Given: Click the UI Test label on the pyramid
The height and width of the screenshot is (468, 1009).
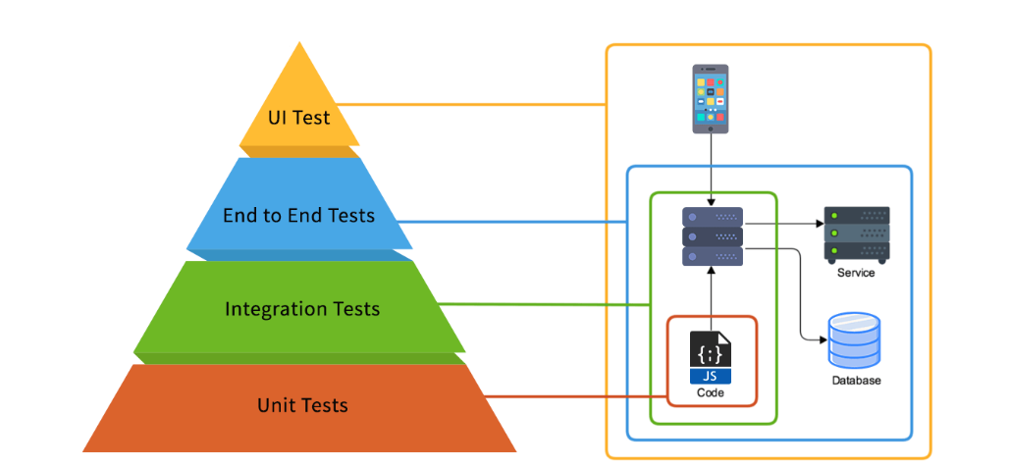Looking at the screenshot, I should [x=299, y=118].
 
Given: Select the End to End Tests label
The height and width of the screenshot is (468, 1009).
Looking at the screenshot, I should [x=298, y=215].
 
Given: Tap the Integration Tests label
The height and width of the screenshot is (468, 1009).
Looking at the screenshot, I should [x=301, y=309].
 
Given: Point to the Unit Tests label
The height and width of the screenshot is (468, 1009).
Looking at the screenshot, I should [x=301, y=404].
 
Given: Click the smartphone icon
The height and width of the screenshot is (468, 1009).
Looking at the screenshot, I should [x=711, y=99].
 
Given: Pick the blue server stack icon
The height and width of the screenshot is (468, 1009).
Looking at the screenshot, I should [x=712, y=236].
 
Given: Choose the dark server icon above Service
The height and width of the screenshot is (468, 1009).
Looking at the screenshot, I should [x=856, y=234].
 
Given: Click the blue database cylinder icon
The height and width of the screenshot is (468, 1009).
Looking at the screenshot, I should [x=854, y=339].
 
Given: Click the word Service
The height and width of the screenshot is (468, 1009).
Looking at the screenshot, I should [x=856, y=272].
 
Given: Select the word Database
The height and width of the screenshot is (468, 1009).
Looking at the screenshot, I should [x=856, y=380].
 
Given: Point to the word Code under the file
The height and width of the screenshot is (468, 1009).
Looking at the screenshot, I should [x=711, y=392].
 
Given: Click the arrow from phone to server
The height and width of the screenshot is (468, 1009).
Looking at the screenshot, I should [x=711, y=167].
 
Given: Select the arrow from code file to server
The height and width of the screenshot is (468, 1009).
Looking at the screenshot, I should [x=711, y=294].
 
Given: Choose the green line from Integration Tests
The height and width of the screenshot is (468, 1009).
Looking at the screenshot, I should [x=550, y=303].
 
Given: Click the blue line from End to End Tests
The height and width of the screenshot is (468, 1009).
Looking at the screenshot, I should [x=520, y=221].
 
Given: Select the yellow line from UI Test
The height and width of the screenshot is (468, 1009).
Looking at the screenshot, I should [x=481, y=105].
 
